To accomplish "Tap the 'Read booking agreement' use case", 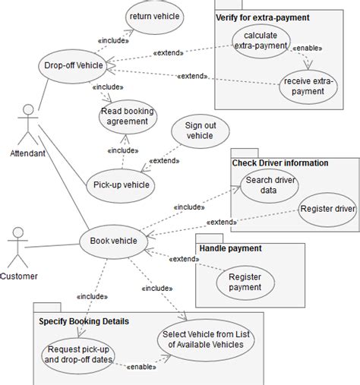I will tap(127, 117).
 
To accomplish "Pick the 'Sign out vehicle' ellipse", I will tap(200, 130).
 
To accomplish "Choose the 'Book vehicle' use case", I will tap(113, 241).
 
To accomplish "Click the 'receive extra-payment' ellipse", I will tap(309, 86).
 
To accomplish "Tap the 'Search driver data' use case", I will tap(270, 185).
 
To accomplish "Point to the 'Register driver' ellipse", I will tap(327, 208).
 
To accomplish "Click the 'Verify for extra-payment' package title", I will tap(263, 17).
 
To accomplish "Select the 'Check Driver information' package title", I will tap(280, 163).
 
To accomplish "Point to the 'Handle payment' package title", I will tap(230, 248).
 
